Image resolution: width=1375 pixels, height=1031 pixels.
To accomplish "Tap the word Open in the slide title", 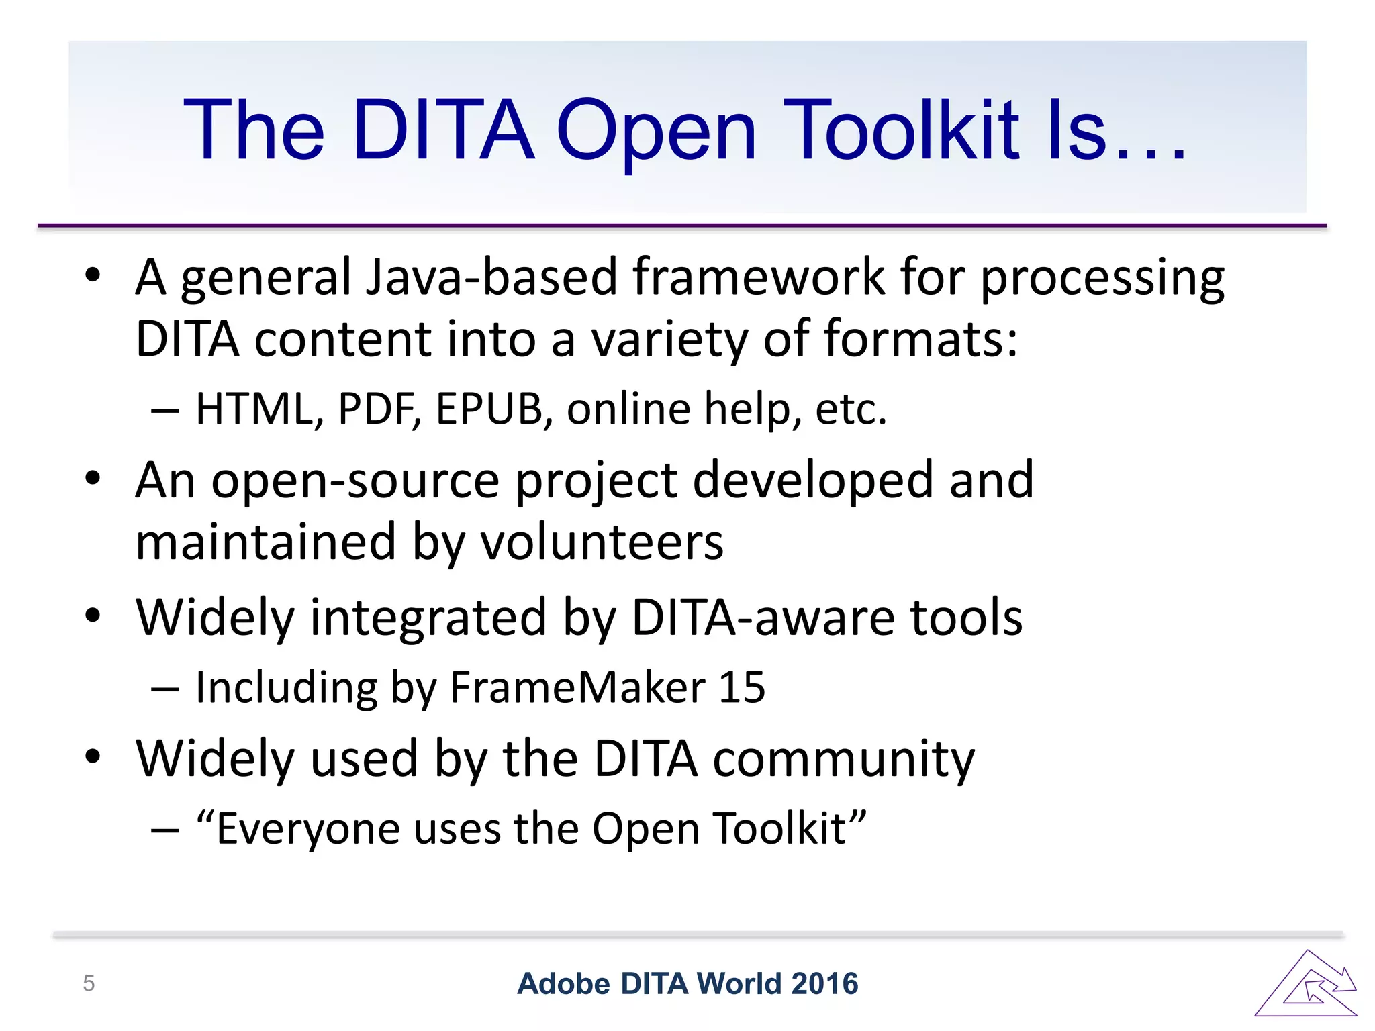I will tap(657, 131).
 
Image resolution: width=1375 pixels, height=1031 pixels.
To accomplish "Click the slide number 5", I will tap(89, 983).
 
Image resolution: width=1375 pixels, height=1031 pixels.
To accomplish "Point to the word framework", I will tap(758, 277).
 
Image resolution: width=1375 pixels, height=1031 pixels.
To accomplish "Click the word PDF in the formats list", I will tap(377, 408).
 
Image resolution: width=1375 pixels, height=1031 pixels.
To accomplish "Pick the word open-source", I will tap(355, 481).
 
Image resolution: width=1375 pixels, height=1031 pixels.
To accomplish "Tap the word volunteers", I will tap(602, 542).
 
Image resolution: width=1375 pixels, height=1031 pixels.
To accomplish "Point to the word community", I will tap(843, 759).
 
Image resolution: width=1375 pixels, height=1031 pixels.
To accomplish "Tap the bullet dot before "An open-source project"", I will tap(93, 478).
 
